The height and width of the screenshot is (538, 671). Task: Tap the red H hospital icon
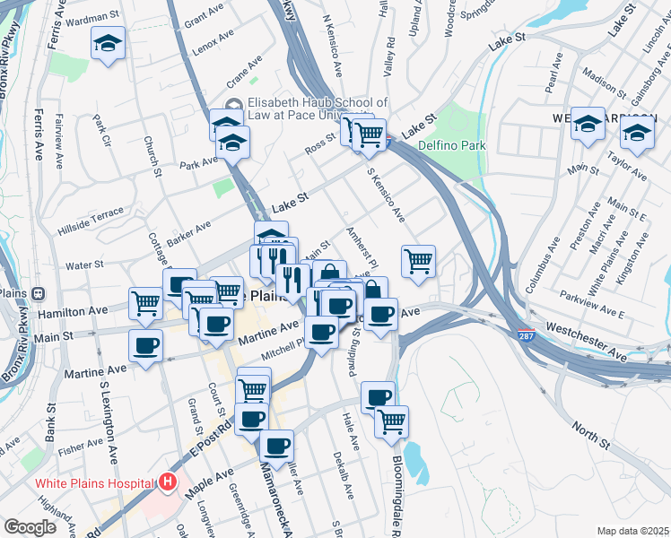point(167,482)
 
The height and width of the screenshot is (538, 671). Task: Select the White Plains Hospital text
point(94,483)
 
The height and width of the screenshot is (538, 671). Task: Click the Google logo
point(30,526)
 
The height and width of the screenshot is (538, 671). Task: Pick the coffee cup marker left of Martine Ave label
point(145,344)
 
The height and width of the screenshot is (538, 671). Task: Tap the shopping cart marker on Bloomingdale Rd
point(391,421)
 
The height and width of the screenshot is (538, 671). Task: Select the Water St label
point(85,265)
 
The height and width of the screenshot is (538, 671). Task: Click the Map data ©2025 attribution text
point(633,531)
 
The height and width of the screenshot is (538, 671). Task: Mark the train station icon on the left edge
point(39,293)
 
